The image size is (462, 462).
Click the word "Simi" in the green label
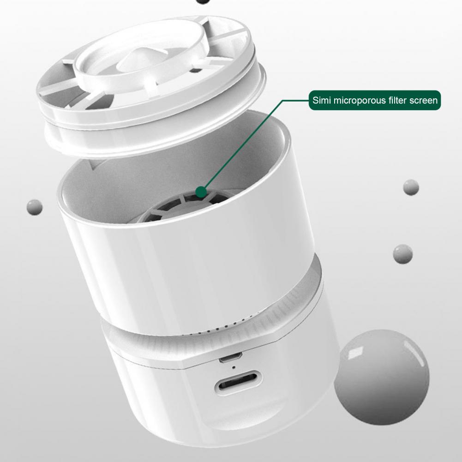[x=322, y=101]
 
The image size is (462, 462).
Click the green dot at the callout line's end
[x=201, y=192]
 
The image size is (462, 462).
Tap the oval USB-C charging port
[x=239, y=383]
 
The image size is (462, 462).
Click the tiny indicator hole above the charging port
[x=234, y=367]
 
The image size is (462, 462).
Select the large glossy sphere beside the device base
[x=382, y=377]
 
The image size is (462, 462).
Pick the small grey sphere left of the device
[x=35, y=207]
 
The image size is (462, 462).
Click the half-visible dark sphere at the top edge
[x=203, y=1]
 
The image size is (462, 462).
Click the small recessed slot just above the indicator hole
[x=230, y=358]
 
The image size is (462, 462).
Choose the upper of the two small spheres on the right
[x=411, y=187]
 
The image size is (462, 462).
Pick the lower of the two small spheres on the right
[x=402, y=254]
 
